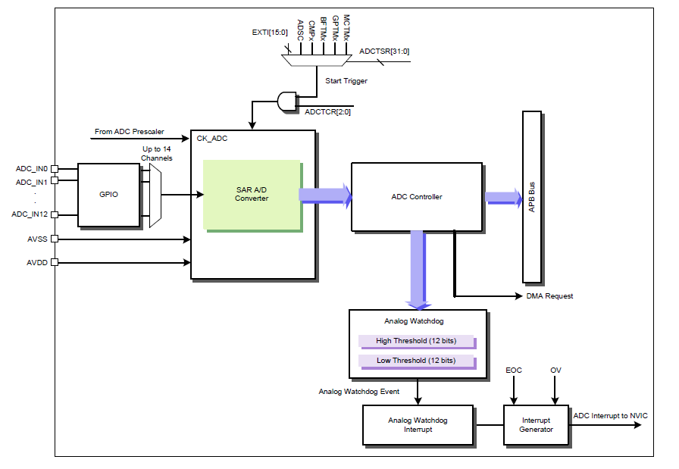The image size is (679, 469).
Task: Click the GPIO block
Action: pos(109,195)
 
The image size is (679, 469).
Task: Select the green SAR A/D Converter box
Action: pos(252,194)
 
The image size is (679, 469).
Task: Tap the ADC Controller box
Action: pos(416,197)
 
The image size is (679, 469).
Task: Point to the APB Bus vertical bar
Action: pos(532,197)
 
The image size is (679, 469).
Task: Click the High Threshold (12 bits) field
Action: pos(416,341)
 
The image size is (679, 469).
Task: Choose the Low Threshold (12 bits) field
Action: pos(416,361)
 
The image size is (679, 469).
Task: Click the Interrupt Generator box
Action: pos(537,425)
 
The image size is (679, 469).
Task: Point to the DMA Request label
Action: pos(549,295)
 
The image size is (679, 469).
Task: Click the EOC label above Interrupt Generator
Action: pos(514,371)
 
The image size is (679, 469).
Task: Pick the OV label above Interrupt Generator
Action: pos(555,371)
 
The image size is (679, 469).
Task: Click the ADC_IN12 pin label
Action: pos(30,214)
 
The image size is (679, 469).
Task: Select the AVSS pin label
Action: pos(36,239)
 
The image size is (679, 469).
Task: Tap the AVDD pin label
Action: pos(36,263)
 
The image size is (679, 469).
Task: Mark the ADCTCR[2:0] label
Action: pos(327,112)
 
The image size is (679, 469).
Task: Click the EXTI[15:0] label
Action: pos(269,33)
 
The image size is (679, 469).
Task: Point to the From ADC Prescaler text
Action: pos(129,132)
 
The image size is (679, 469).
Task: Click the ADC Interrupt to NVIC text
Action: pos(610,416)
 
